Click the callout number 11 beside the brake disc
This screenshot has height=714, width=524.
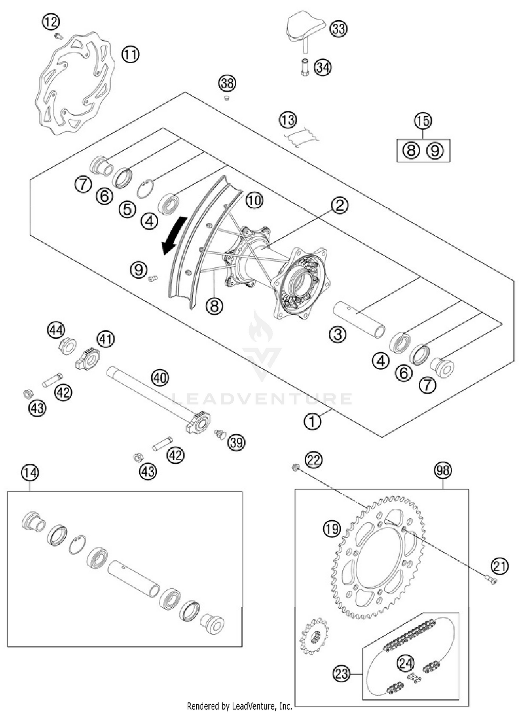coord(131,54)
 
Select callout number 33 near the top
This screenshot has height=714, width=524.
coord(339,29)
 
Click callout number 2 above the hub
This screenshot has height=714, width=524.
coord(340,205)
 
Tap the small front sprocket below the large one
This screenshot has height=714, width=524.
coord(313,636)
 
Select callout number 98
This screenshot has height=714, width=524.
coord(443,470)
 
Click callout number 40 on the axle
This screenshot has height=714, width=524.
coord(160,378)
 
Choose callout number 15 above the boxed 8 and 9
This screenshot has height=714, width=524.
coord(423,121)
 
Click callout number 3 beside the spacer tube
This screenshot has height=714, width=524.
coord(337,334)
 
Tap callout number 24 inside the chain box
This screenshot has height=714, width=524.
coord(406,663)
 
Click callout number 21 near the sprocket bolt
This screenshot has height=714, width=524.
coord(500,566)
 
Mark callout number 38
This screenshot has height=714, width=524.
coord(227,83)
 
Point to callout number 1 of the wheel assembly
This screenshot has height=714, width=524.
coord(312,421)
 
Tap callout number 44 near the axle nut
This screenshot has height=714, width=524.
coord(56,330)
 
